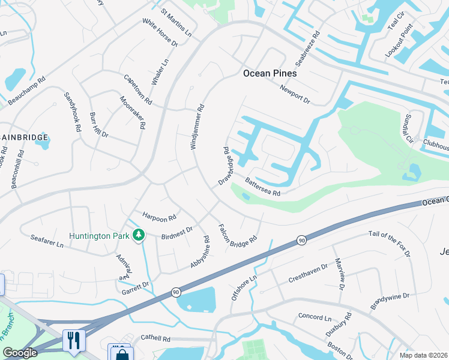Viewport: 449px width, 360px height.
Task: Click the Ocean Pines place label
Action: (270, 73)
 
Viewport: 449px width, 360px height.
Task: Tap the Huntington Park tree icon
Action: (139, 235)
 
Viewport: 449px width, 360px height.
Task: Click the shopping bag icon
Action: (121, 353)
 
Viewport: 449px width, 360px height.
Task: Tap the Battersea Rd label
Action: (262, 187)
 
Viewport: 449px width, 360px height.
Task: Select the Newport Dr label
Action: (294, 93)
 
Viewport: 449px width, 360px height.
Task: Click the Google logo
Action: (20, 353)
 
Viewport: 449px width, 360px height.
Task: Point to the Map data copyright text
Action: (424, 355)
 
